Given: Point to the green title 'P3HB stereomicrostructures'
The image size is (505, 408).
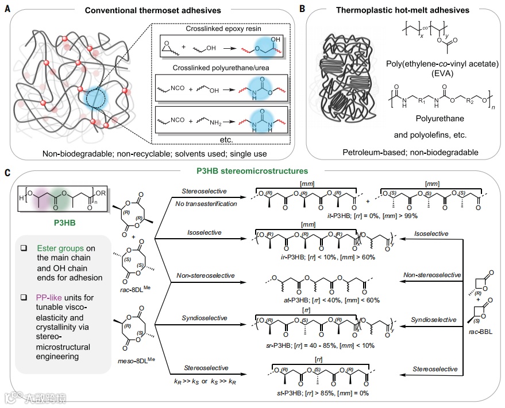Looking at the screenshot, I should (x=252, y=171).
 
